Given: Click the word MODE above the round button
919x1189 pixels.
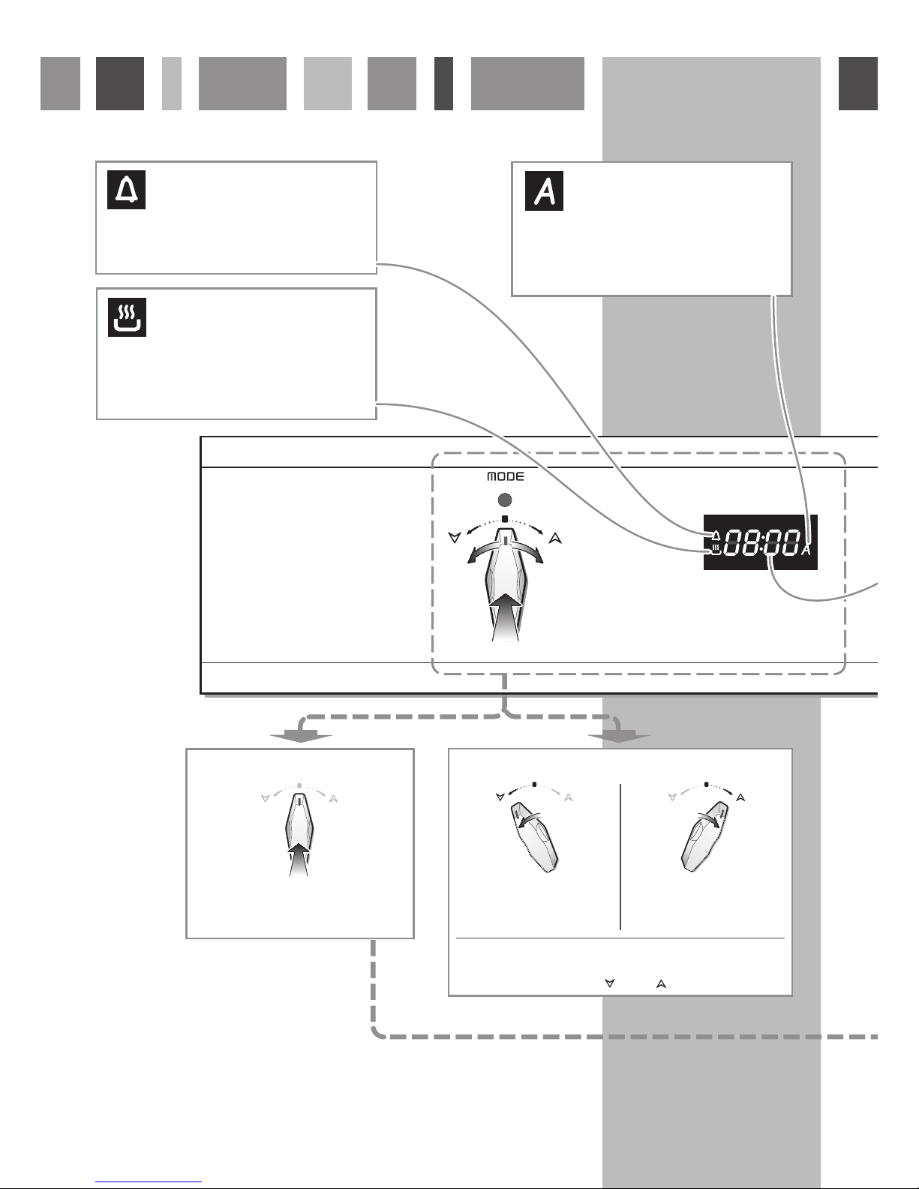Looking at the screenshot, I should pos(505,477).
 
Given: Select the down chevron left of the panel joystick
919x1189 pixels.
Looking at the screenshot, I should pos(453,537).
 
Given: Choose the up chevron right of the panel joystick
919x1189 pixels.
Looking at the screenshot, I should pos(555,537).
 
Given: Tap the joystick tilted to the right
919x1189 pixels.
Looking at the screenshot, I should pos(704,836).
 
